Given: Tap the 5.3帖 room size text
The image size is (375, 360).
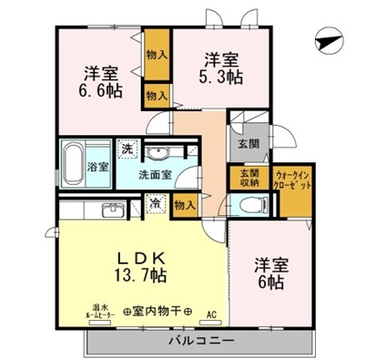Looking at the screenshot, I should tap(222, 77).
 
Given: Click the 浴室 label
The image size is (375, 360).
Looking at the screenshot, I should tap(98, 168).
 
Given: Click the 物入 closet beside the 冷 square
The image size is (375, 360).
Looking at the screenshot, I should tap(185, 204).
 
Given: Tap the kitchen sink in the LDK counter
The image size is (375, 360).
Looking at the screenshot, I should tap(110, 211).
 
